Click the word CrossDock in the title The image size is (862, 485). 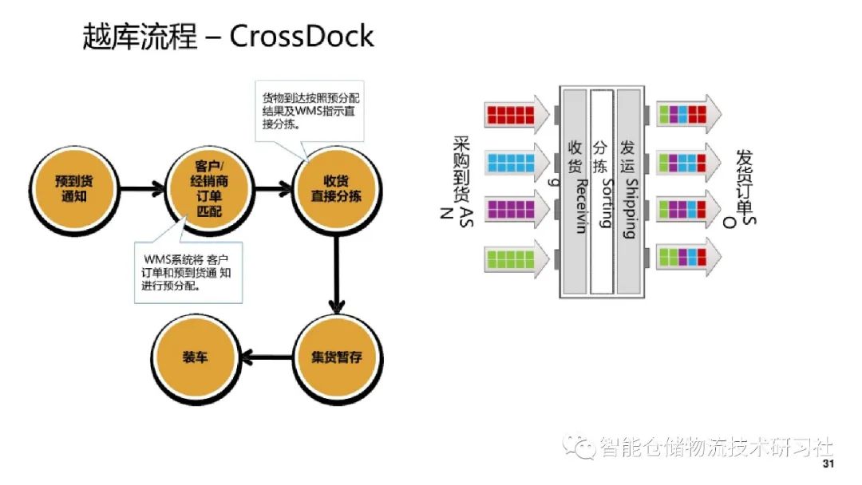pyautogui.click(x=301, y=36)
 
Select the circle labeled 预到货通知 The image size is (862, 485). pyautogui.click(x=74, y=190)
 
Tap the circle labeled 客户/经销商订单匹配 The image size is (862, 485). pyautogui.click(x=209, y=190)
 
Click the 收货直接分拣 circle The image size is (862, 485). pyautogui.click(x=337, y=190)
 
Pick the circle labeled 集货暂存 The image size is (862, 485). pyautogui.click(x=337, y=358)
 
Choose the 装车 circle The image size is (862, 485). pyautogui.click(x=196, y=358)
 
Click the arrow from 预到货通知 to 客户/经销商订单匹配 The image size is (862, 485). pyautogui.click(x=142, y=190)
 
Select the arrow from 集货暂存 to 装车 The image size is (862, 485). pyautogui.click(x=267, y=358)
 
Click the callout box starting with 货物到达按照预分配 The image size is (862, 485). pyautogui.click(x=310, y=112)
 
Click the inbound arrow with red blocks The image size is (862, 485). pyautogui.click(x=516, y=115)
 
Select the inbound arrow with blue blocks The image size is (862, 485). pyautogui.click(x=516, y=163)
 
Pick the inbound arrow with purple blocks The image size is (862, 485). pyautogui.click(x=516, y=210)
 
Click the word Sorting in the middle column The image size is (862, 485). pyautogui.click(x=605, y=203)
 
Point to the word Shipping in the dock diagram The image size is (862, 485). pyautogui.click(x=631, y=208)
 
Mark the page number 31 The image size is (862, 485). pyautogui.click(x=828, y=464)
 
